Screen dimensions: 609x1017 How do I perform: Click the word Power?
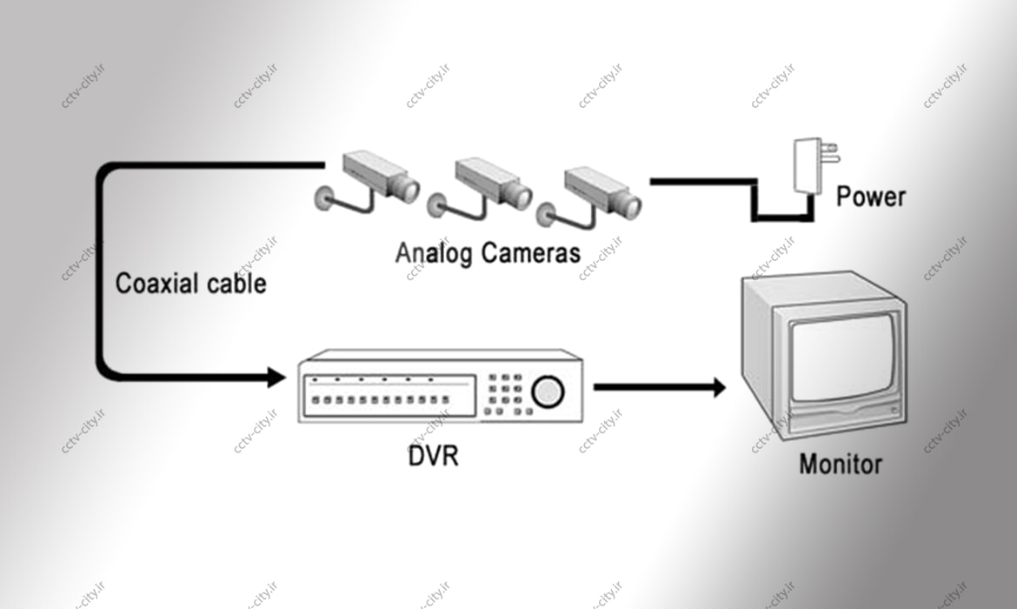click(870, 196)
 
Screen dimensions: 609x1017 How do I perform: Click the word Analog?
click(434, 253)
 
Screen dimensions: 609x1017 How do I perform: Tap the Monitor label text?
click(840, 463)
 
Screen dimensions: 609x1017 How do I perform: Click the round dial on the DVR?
click(547, 391)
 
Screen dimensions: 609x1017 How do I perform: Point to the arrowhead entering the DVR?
click(277, 378)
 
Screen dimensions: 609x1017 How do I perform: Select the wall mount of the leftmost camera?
click(324, 197)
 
